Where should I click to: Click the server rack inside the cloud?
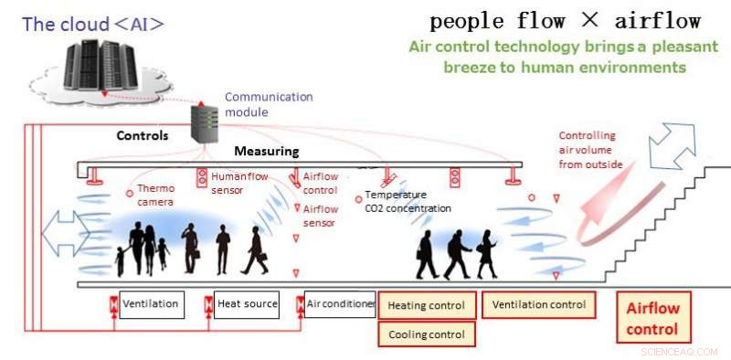point(102,63)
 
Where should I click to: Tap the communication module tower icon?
point(202,122)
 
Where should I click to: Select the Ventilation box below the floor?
point(151,304)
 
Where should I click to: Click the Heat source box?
point(247,304)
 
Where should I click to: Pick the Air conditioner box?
point(340,304)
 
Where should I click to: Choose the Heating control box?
point(427,306)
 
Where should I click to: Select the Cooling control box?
point(427,334)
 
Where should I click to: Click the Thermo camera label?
point(155,195)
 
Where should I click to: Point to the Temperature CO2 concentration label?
point(408,202)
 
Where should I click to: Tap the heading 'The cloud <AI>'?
point(93,24)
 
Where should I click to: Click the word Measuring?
point(267,151)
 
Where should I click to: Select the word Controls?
point(143,135)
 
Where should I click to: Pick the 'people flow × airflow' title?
point(565,21)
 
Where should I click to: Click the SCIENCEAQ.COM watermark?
point(681,351)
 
